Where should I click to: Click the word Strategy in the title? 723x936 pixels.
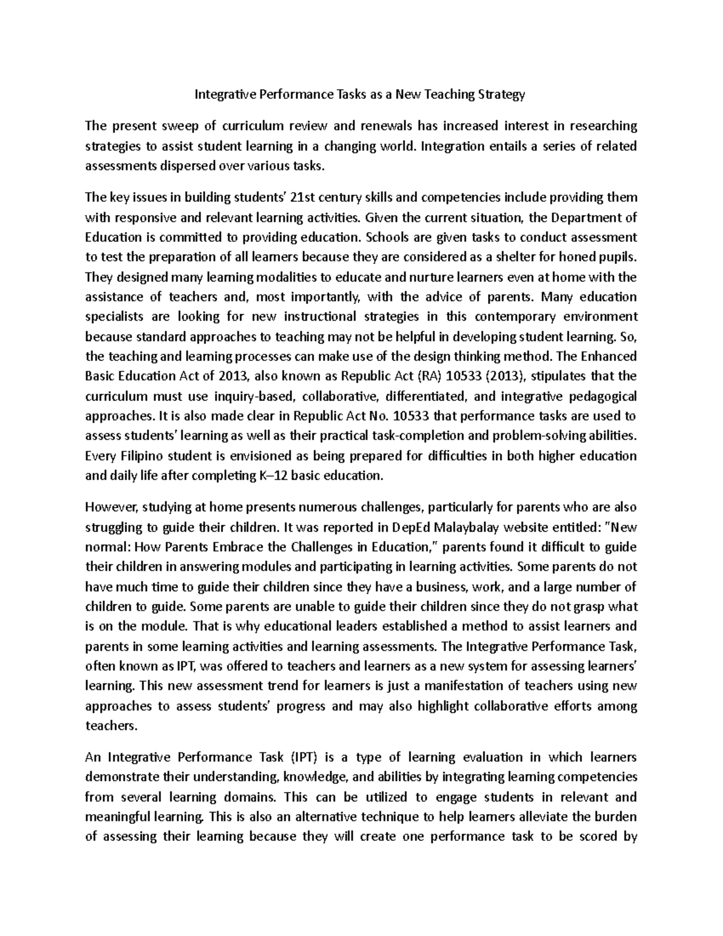tap(501, 95)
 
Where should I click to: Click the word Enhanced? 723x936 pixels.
tap(609, 356)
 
